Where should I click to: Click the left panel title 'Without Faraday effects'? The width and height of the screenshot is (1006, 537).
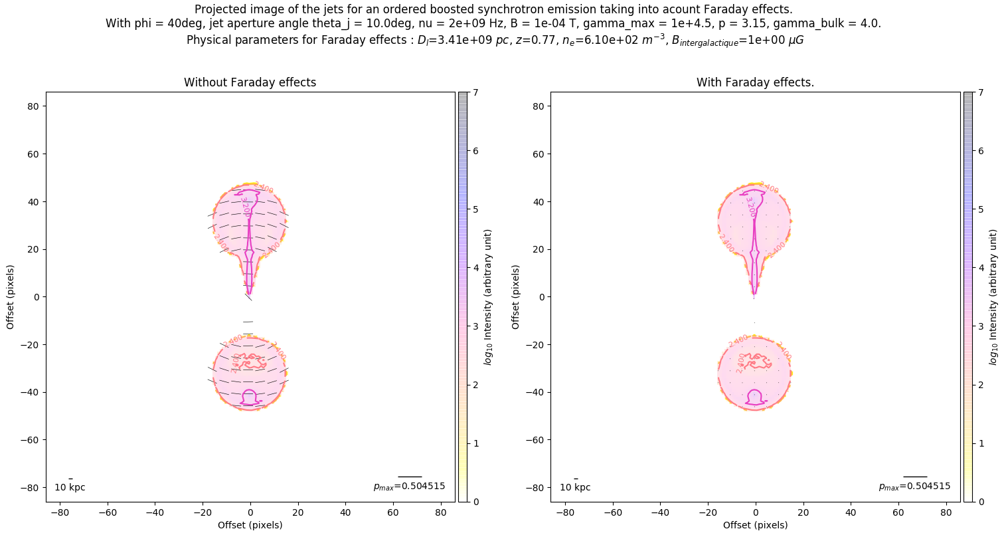tap(250, 82)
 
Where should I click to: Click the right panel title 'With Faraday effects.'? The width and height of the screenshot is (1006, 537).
tap(755, 82)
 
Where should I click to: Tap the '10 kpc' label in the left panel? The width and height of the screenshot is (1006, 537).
tap(70, 487)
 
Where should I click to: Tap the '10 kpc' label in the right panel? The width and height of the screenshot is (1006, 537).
tap(575, 487)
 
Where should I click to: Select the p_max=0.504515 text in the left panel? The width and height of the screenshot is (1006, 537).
tap(409, 486)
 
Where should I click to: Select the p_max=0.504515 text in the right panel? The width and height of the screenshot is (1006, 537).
tap(914, 486)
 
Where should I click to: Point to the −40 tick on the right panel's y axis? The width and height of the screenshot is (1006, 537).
tap(537, 392)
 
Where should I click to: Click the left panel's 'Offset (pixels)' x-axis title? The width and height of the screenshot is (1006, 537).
tap(250, 525)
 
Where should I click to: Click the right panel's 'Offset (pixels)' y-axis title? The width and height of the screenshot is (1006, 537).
tap(515, 296)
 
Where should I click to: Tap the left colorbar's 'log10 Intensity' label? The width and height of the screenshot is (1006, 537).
tap(488, 296)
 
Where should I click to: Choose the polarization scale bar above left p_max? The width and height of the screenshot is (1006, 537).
tap(410, 477)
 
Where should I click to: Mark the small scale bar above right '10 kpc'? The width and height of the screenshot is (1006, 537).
tap(576, 479)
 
